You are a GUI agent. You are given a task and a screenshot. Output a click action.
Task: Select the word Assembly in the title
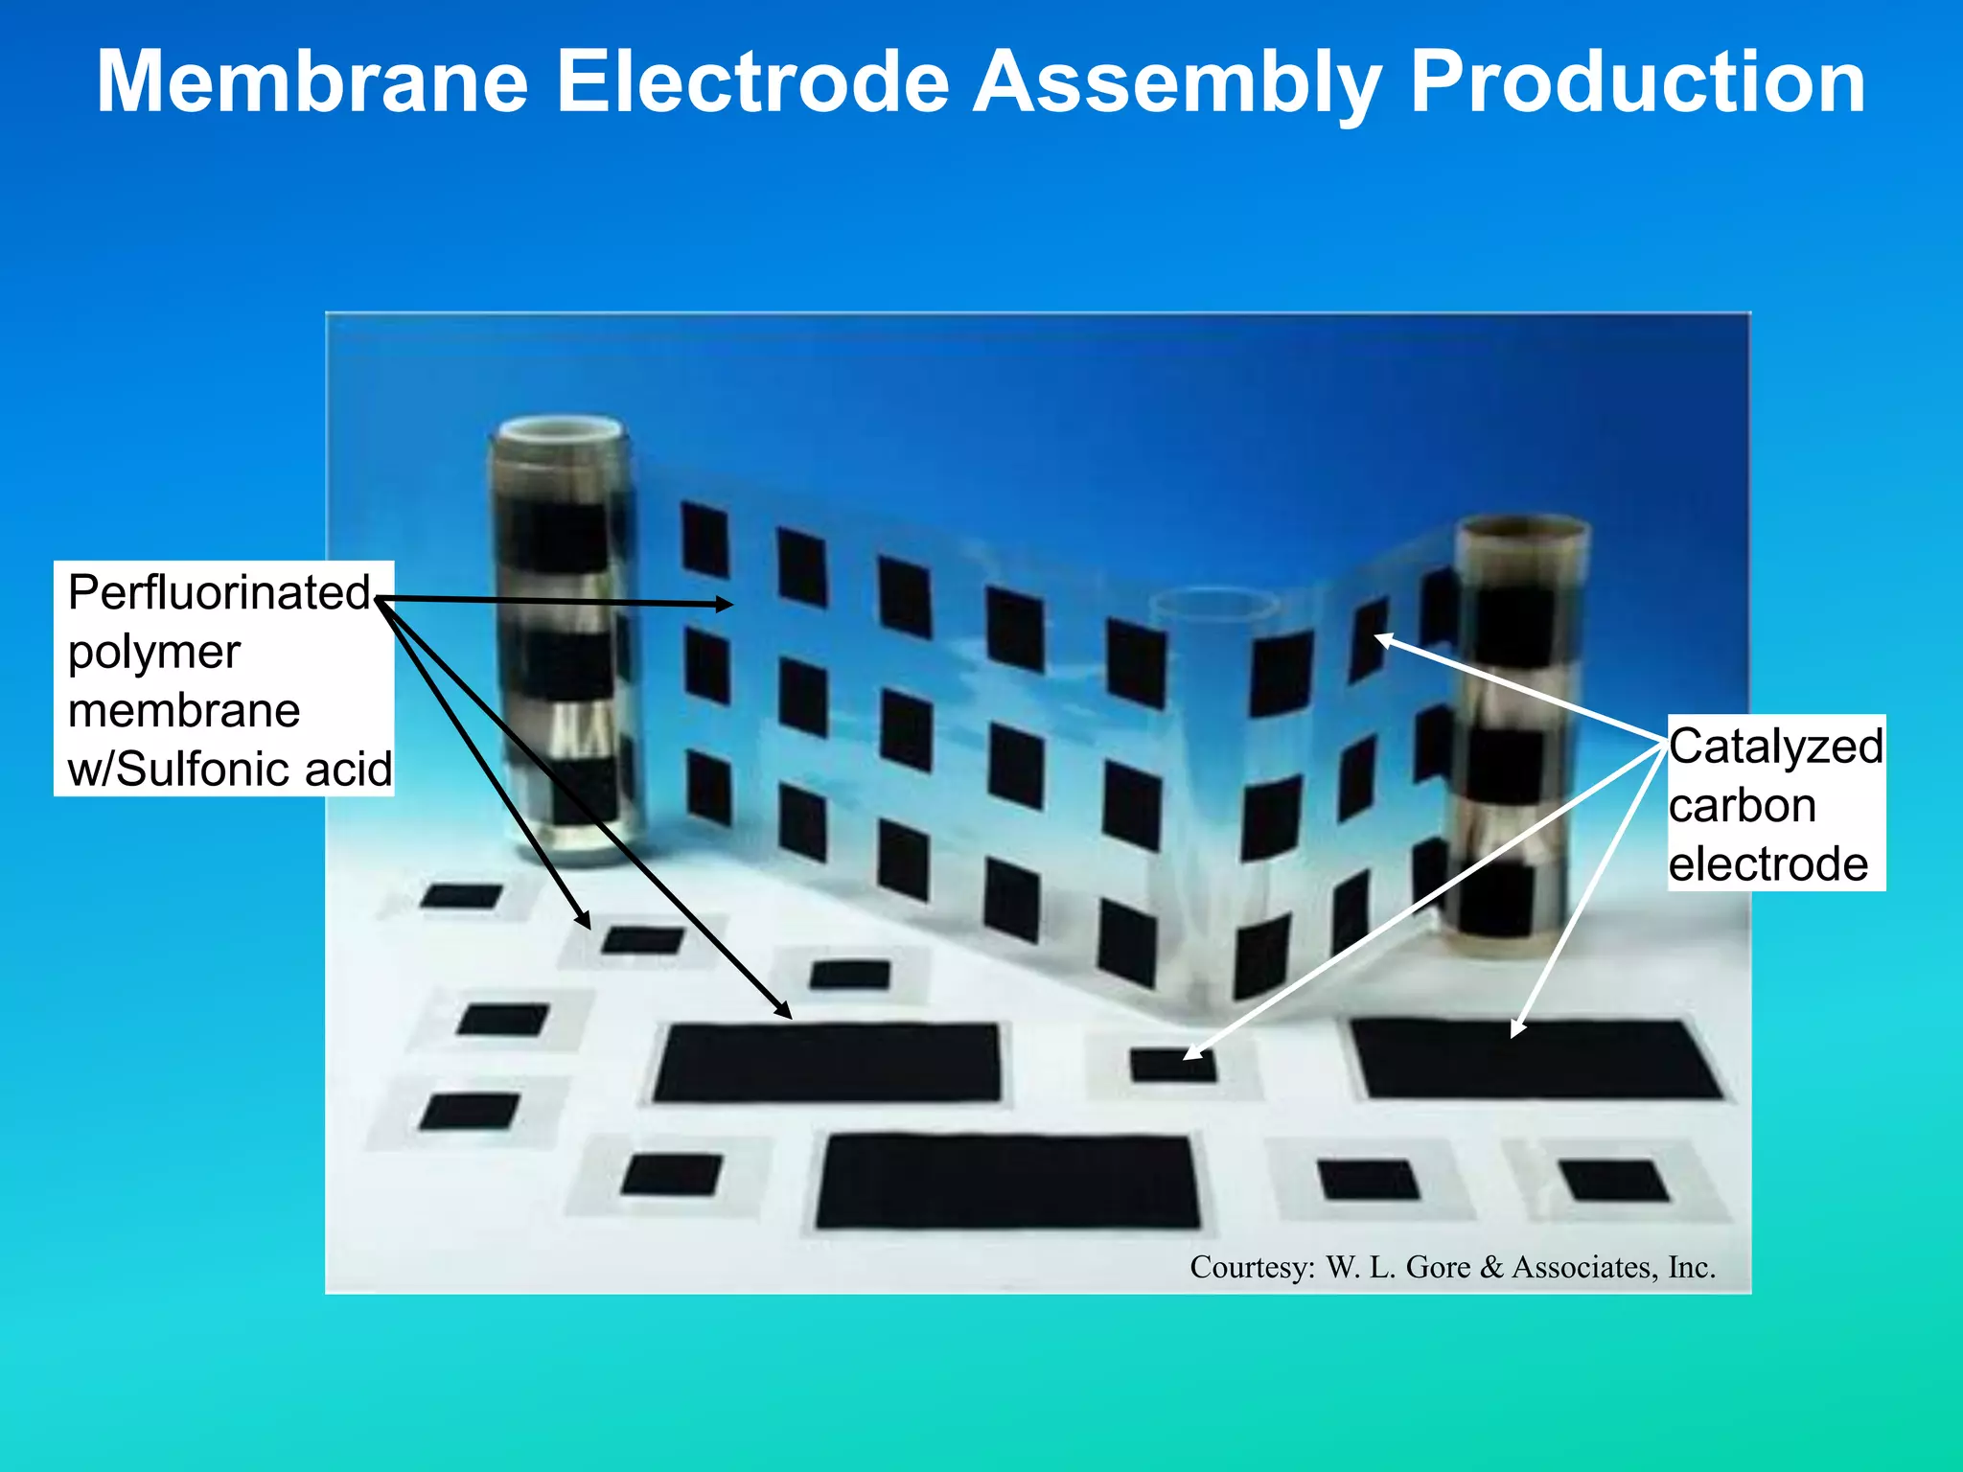[x=1179, y=84]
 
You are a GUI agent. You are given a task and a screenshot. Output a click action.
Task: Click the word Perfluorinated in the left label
[x=219, y=592]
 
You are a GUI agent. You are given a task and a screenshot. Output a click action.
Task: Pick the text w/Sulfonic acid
[x=230, y=769]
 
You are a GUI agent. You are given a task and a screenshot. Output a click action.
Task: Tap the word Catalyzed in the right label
[x=1775, y=747]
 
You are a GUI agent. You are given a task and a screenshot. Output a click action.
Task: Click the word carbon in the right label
[x=1742, y=805]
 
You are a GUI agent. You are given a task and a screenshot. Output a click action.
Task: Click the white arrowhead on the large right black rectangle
[x=1516, y=1029]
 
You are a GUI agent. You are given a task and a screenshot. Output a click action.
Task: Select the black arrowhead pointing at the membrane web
[x=724, y=604]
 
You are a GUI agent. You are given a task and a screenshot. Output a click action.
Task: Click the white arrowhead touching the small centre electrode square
[x=1192, y=1053]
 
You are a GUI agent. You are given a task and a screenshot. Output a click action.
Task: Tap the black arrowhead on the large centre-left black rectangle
[x=784, y=1011]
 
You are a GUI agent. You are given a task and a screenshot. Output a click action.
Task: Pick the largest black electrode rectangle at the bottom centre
[x=1008, y=1181]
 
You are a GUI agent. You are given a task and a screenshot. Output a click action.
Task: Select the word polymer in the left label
[x=154, y=653]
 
